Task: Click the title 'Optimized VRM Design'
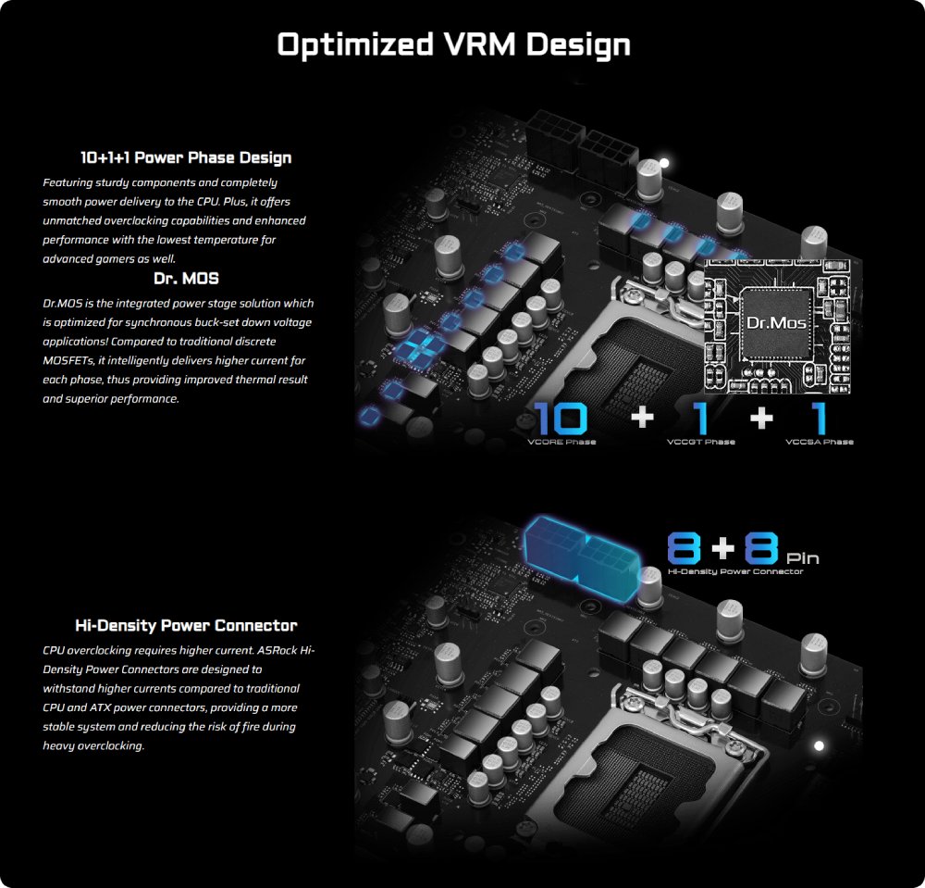pyautogui.click(x=453, y=44)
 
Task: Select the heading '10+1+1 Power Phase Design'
pyautogui.click(x=186, y=157)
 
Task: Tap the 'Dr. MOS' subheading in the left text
pyautogui.click(x=186, y=278)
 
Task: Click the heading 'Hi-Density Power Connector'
pyautogui.click(x=186, y=625)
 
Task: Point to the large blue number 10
pyautogui.click(x=561, y=418)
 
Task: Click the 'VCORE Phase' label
pyautogui.click(x=561, y=442)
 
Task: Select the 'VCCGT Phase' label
pyautogui.click(x=701, y=442)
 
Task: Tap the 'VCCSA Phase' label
pyautogui.click(x=820, y=442)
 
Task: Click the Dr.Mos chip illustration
pyautogui.click(x=776, y=325)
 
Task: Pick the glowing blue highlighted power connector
pyautogui.click(x=582, y=555)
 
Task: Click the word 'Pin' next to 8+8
pyautogui.click(x=803, y=557)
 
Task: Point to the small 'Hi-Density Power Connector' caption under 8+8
pyautogui.click(x=735, y=571)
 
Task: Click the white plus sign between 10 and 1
pyautogui.click(x=643, y=418)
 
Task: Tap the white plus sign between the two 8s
pyautogui.click(x=722, y=548)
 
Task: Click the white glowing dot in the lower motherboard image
pyautogui.click(x=819, y=745)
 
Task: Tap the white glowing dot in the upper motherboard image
pyautogui.click(x=664, y=162)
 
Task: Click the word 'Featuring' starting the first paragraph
pyautogui.click(x=68, y=183)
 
